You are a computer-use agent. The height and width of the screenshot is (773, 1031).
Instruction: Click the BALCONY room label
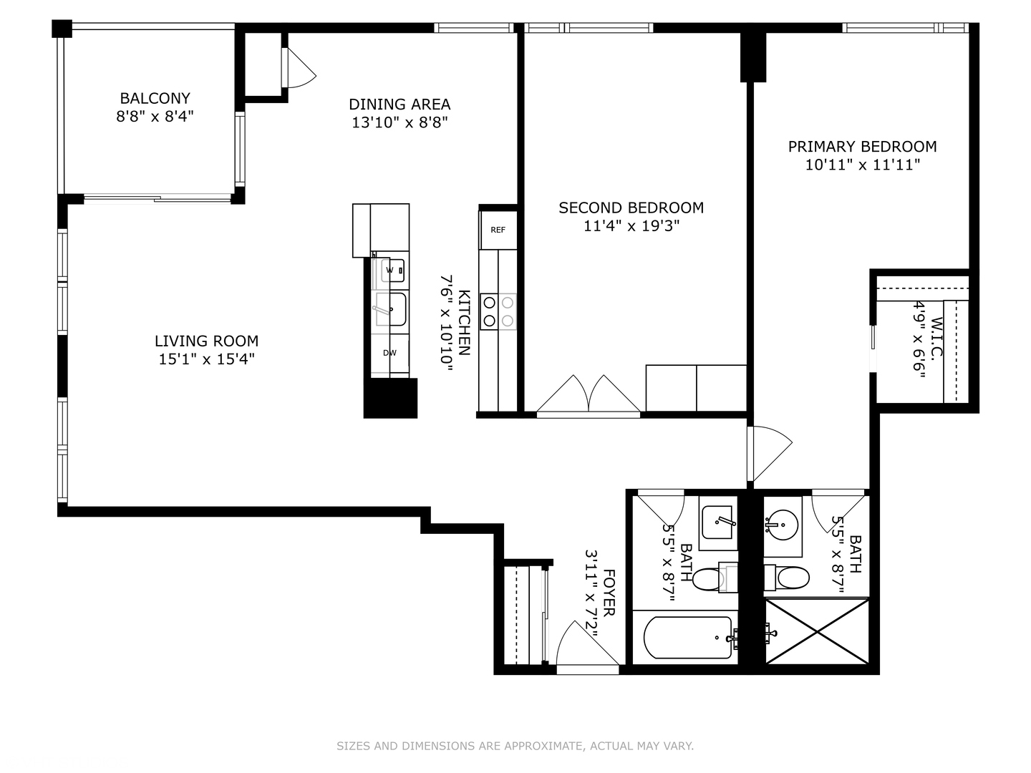pos(155,99)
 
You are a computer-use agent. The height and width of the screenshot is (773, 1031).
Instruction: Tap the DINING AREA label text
pos(400,104)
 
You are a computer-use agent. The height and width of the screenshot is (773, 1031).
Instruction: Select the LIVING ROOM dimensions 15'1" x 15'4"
pos(206,359)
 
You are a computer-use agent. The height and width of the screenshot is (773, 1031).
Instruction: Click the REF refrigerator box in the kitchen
pos(498,230)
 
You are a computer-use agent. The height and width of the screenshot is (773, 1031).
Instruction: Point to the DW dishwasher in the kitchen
pos(390,353)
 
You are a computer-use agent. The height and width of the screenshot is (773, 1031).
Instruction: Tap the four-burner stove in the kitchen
pos(498,311)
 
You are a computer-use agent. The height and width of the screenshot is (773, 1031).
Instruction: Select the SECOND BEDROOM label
pos(631,208)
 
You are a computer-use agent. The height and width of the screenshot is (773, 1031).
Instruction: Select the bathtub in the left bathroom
pos(688,637)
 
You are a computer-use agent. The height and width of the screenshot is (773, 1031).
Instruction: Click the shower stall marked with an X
pos(817,631)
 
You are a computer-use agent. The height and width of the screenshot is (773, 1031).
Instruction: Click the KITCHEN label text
pos(464,323)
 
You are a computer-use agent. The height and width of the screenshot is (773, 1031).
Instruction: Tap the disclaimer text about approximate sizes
pos(515,746)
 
